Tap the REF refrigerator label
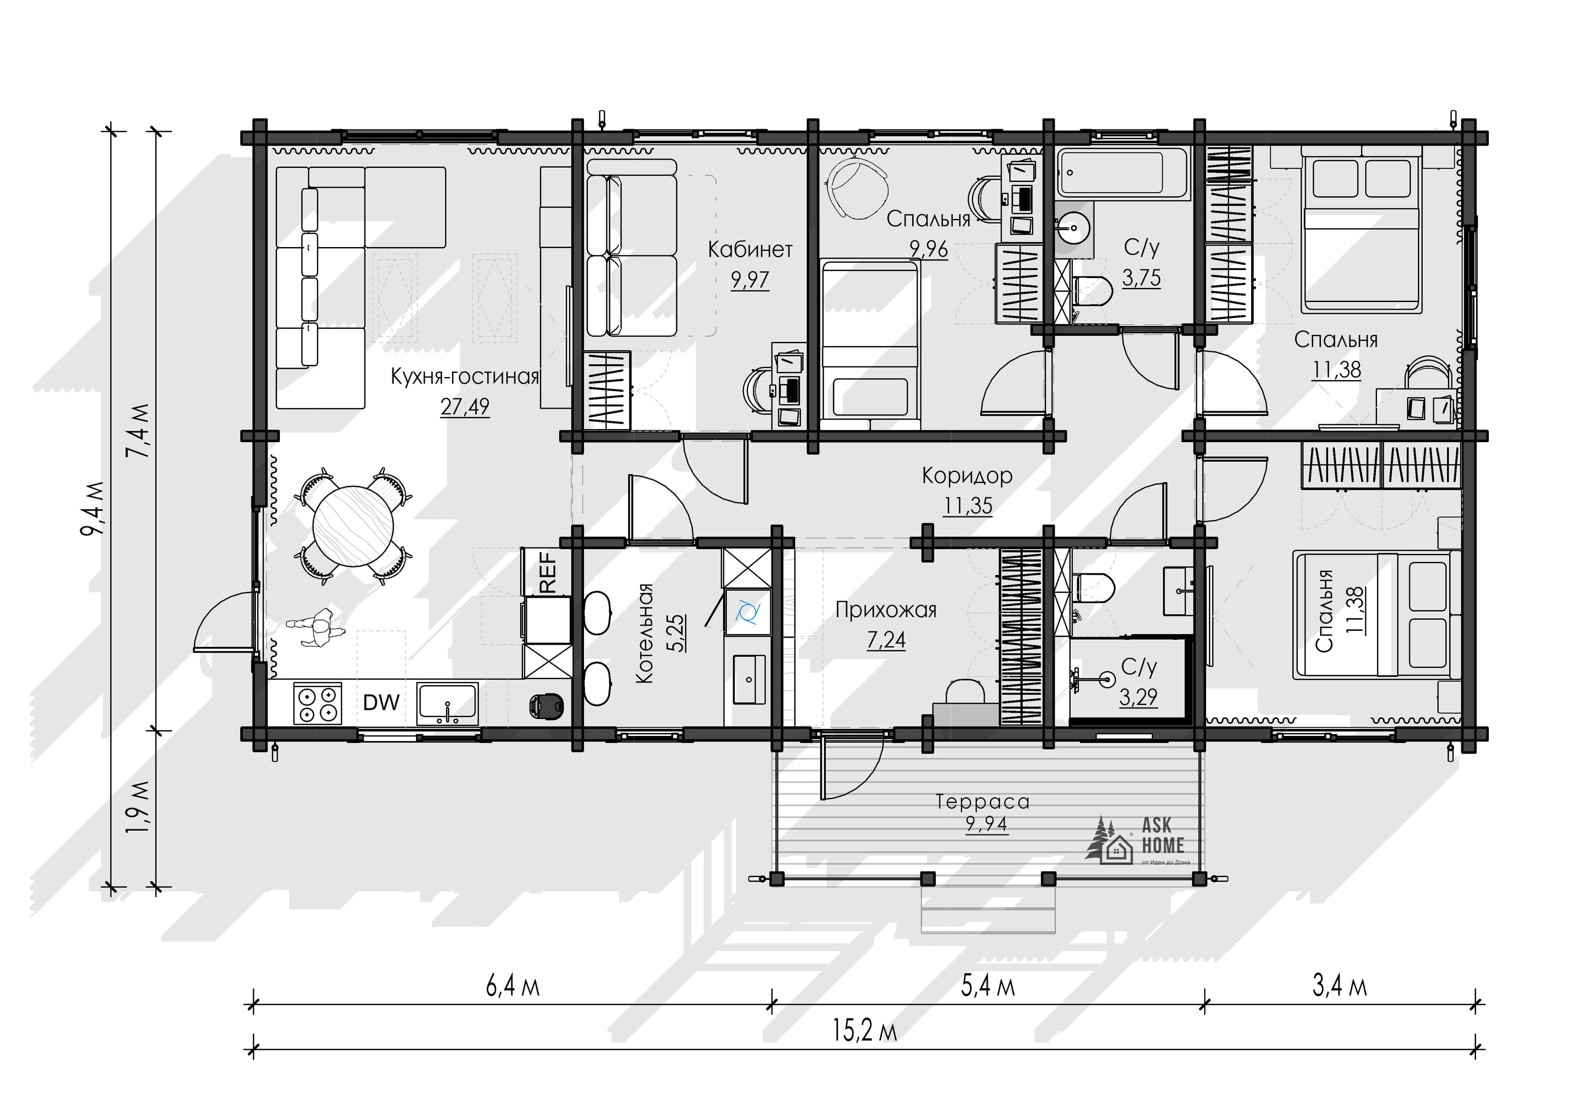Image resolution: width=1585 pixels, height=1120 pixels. coord(547,571)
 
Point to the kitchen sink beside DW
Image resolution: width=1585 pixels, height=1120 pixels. coord(447,703)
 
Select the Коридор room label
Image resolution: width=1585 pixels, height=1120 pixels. coord(967,476)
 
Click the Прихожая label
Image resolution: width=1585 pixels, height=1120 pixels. coord(886,610)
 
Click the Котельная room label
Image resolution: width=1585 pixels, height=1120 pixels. coord(643,634)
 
